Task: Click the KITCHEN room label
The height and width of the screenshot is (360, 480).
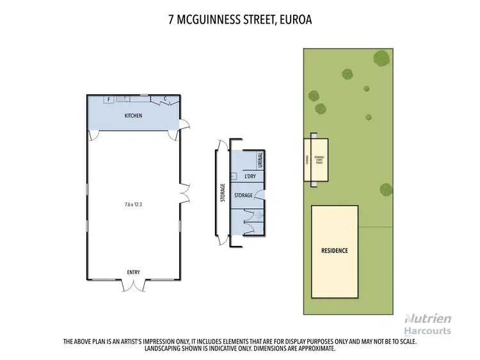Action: (x=132, y=116)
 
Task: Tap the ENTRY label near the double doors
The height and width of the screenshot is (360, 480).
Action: (x=133, y=272)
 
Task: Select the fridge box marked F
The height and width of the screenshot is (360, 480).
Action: (x=109, y=99)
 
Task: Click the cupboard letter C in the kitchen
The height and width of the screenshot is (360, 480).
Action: (x=165, y=99)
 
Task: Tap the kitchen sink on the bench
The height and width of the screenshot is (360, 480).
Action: (x=127, y=99)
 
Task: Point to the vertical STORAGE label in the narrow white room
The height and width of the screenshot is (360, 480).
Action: (x=222, y=193)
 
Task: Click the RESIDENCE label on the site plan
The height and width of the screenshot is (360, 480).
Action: (x=334, y=250)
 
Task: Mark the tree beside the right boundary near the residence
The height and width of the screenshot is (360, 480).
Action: (x=385, y=189)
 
